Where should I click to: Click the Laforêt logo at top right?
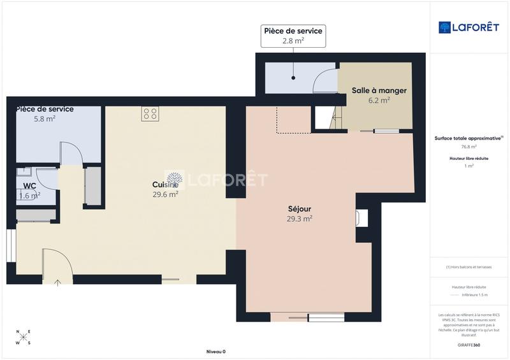click(x=468, y=27)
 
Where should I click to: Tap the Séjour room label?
click(x=299, y=208)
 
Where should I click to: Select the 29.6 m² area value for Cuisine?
click(x=165, y=195)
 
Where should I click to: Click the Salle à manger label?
click(x=379, y=90)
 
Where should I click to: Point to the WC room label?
click(x=29, y=186)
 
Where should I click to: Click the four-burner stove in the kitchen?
click(x=150, y=113)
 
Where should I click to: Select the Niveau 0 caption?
click(x=215, y=352)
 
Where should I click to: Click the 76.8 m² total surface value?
click(x=469, y=147)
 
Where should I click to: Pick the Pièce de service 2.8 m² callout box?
click(x=293, y=36)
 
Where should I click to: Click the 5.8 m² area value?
click(x=45, y=119)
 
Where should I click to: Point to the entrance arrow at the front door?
click(x=57, y=282)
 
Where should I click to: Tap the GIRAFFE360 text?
click(x=469, y=344)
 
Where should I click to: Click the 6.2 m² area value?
click(x=379, y=100)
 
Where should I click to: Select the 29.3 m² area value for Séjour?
click(x=299, y=219)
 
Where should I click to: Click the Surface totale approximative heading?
click(x=469, y=138)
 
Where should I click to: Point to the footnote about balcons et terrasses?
click(x=469, y=267)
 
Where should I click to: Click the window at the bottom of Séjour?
click(x=326, y=317)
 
